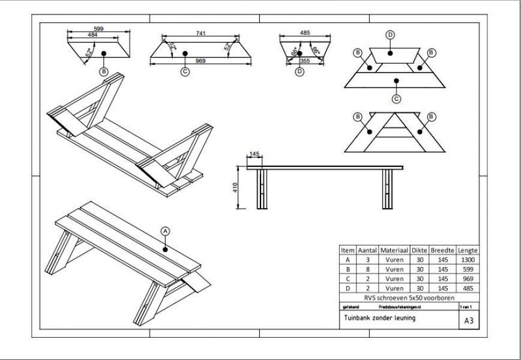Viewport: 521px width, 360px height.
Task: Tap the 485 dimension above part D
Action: pos(304,32)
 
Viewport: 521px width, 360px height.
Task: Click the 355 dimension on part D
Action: pos(305,61)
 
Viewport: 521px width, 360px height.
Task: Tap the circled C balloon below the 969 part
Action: pos(185,73)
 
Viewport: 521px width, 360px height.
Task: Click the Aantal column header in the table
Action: pos(366,250)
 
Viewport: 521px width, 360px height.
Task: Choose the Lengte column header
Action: pos(468,250)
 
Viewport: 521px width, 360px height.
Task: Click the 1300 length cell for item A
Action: pos(468,260)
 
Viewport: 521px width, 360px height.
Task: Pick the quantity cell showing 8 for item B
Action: pos(366,269)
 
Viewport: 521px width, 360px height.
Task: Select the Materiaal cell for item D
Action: pos(394,288)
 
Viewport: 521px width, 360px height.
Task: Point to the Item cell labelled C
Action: pos(348,278)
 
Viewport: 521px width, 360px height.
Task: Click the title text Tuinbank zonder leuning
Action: pos(380,318)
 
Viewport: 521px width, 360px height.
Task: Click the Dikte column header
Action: pos(419,250)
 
